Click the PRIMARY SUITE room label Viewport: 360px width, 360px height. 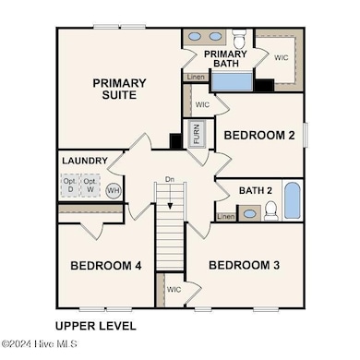pos(119,89)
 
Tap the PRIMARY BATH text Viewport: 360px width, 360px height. pos(225,59)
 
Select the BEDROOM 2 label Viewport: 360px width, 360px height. pos(260,136)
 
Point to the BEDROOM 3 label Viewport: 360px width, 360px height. pos(244,266)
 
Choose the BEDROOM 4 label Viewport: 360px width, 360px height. pos(105,266)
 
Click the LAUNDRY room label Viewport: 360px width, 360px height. pos(84,161)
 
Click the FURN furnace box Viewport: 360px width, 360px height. pos(197,135)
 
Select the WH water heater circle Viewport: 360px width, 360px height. pos(113,190)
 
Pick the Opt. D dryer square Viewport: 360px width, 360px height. pos(70,186)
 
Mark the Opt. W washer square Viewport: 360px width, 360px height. pos(90,186)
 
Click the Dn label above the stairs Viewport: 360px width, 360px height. pos(169,179)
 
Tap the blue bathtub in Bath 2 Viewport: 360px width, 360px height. pos(292,201)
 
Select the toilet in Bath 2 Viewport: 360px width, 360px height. pos(270,211)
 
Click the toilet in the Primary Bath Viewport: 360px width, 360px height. pos(239,39)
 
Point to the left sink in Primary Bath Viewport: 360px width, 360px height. pos(196,38)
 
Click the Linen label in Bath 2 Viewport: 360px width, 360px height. pos(226,216)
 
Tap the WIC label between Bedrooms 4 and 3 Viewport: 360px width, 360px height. pos(174,289)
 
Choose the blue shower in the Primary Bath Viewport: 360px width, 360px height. pos(234,81)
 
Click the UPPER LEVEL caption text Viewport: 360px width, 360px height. pos(95,326)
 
